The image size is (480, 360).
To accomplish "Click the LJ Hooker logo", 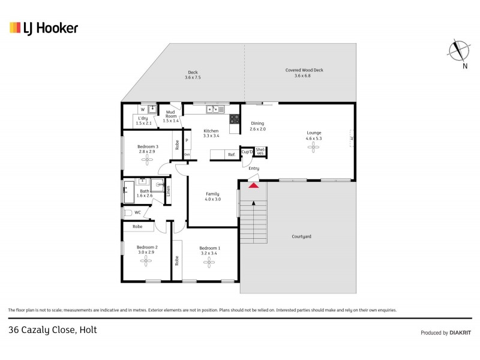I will pyautogui.click(x=43, y=28).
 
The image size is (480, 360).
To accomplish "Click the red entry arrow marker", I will pyautogui.click(x=254, y=185).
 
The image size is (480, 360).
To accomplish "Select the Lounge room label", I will pyautogui.click(x=314, y=133).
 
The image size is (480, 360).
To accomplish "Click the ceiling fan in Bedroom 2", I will pyautogui.click(x=147, y=262).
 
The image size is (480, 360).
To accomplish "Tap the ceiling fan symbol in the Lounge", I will pyautogui.click(x=314, y=149).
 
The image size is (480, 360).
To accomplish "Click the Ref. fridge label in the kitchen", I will pyautogui.click(x=231, y=155).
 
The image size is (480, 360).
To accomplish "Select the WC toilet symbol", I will pyautogui.click(x=128, y=212).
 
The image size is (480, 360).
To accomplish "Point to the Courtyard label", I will pyautogui.click(x=302, y=236).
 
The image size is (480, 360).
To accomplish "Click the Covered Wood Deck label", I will pyautogui.click(x=304, y=70).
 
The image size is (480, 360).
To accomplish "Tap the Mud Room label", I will pyautogui.click(x=171, y=115).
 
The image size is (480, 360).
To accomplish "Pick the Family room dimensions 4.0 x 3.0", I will pyautogui.click(x=212, y=199).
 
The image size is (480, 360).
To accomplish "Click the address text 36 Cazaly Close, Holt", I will pyautogui.click(x=53, y=329).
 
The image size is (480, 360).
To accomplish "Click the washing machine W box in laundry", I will pyautogui.click(x=142, y=109).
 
